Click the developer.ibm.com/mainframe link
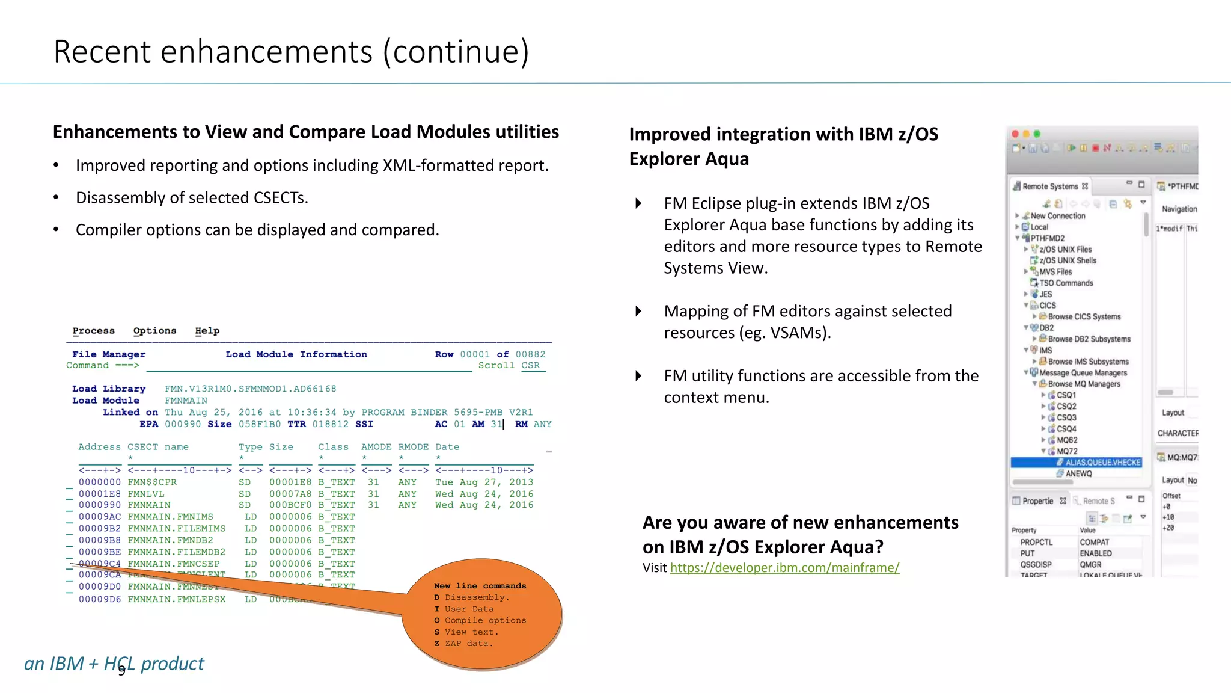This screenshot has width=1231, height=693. pos(784,568)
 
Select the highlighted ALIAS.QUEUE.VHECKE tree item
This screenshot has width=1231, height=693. pos(1102,463)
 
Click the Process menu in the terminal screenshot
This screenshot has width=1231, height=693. pos(93,331)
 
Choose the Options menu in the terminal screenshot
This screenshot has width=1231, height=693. pos(154,331)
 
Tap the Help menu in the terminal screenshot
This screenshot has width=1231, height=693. pos(207,331)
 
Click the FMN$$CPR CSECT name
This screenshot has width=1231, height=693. pos(152,482)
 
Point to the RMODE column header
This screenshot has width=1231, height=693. pos(413,447)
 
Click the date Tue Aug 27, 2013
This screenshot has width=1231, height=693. pos(484,482)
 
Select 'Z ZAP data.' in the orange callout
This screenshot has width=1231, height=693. pos(463,644)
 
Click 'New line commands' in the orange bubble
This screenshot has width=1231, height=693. pos(480,586)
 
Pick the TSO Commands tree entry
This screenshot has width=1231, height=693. pos(1066,283)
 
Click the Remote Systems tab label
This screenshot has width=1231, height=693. pos(1049,186)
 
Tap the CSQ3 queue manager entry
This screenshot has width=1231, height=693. pos(1066,417)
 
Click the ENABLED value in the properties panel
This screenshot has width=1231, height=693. pos(1095,553)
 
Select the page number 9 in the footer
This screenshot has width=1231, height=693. pos(122,670)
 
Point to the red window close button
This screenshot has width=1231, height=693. pos(1015,134)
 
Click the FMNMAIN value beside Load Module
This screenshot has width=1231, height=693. pos(186,401)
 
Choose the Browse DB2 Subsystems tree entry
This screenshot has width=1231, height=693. pos(1089,339)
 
